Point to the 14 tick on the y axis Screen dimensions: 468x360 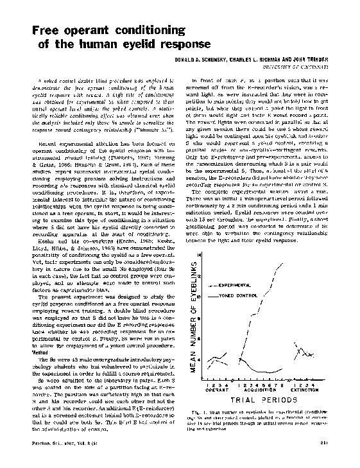(199, 238)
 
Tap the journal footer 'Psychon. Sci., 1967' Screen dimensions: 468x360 (52, 459)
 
